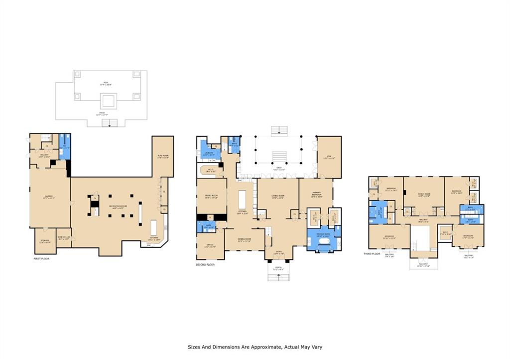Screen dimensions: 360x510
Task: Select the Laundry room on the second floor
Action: click(x=209, y=154)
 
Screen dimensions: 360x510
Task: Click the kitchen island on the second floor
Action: click(x=243, y=200)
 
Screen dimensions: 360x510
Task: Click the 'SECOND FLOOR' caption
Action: click(x=205, y=264)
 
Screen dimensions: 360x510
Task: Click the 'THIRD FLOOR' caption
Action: click(x=372, y=254)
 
